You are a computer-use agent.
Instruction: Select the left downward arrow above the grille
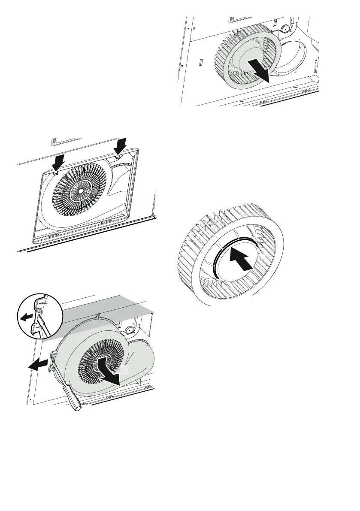click(58, 163)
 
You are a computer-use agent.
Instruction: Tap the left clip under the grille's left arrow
click(55, 174)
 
